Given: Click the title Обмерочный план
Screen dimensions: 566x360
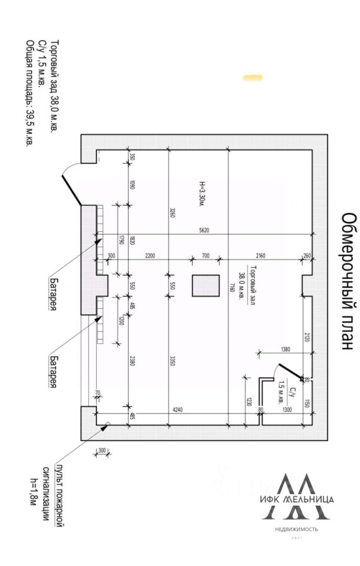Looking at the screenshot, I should coord(348,282).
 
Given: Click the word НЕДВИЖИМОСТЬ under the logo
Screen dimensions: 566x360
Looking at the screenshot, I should coord(296,529).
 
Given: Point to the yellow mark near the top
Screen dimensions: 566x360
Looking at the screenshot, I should coord(253,77).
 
